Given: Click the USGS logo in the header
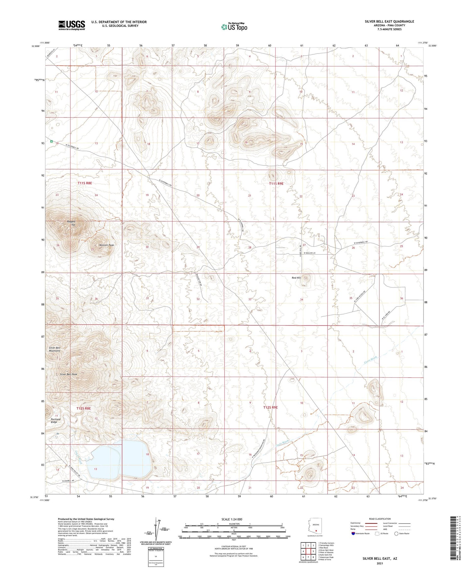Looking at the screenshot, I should pos(72,25).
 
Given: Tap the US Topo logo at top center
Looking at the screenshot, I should pos(234,27).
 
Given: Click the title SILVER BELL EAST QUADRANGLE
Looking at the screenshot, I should pos(389,21).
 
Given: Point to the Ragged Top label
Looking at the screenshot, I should pos(71,223).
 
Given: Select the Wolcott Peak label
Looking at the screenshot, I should pos(106,245).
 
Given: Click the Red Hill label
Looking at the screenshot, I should pos(296,278).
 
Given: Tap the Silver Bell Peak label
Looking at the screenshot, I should pos(68,374).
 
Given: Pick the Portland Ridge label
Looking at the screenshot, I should pos(56,421).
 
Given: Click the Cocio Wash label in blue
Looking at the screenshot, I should pos(370,360).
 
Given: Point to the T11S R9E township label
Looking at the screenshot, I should pos(276,184).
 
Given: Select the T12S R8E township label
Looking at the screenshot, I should pos(84,408).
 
